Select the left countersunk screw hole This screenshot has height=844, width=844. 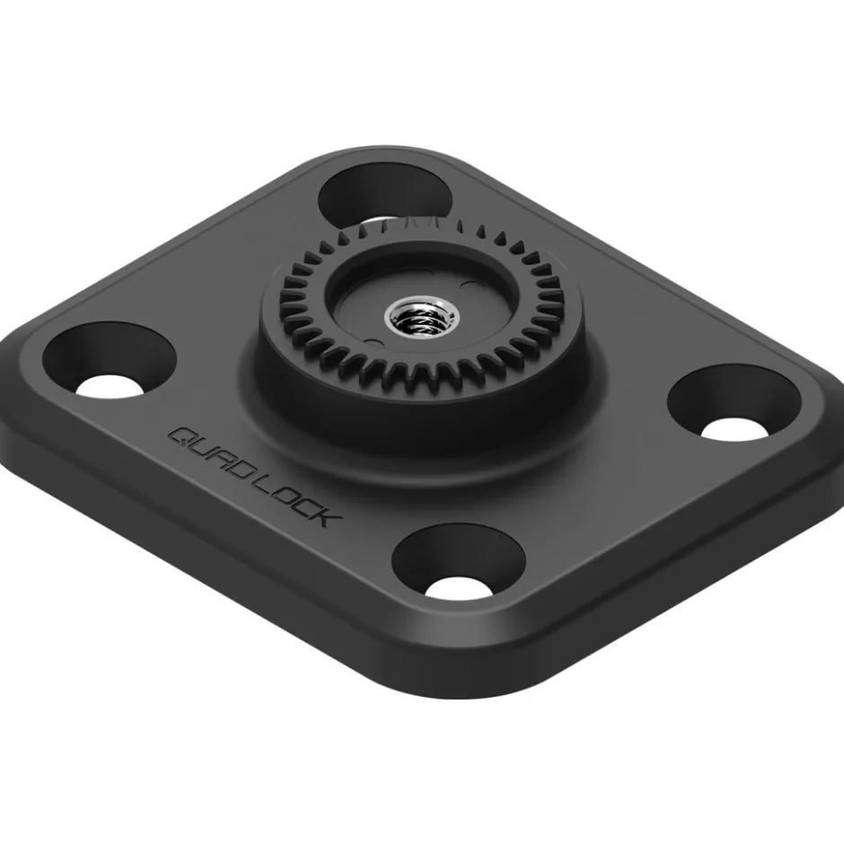(110, 359)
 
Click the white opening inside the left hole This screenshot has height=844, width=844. (110, 384)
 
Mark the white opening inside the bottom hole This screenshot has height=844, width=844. (459, 589)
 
